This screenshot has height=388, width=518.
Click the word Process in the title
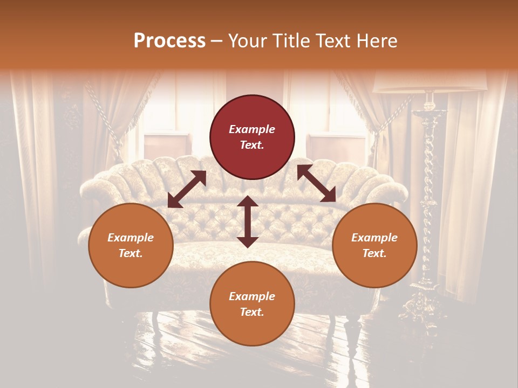[x=169, y=41]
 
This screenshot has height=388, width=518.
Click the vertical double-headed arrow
[x=248, y=221]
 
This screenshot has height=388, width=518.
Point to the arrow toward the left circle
[x=187, y=189]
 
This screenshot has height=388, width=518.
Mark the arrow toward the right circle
[x=316, y=183]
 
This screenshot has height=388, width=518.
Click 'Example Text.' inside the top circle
[x=252, y=137]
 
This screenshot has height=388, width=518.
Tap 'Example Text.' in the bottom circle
[x=252, y=304]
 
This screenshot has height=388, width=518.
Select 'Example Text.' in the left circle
[x=131, y=245]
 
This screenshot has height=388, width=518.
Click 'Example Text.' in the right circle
[x=374, y=245]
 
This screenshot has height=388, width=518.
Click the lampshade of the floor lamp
[x=430, y=81]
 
